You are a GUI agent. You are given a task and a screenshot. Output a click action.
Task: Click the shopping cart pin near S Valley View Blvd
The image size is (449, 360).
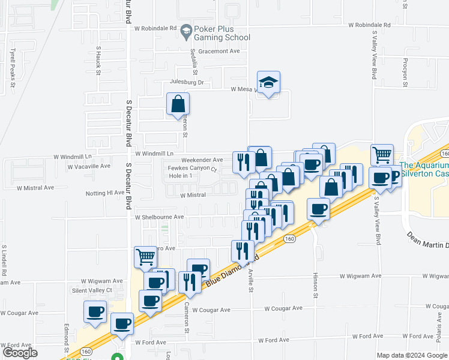(x=382, y=155)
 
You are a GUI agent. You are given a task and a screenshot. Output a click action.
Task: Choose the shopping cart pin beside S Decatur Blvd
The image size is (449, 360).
(x=146, y=257)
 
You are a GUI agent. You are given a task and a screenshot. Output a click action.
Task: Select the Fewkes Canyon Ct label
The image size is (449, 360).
(x=191, y=169)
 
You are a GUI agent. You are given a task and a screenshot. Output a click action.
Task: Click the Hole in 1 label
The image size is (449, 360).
(x=184, y=176)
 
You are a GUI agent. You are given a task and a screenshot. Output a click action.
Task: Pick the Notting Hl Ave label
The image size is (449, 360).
(x=105, y=193)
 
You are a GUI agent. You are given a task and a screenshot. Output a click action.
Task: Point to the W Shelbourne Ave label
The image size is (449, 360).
(x=159, y=217)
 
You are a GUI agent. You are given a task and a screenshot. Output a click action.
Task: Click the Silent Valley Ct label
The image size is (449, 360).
(x=92, y=290)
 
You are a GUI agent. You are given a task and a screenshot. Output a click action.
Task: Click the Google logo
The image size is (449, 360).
(x=20, y=353)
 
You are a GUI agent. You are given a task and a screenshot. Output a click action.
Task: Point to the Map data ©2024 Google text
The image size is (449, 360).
(x=412, y=355)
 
